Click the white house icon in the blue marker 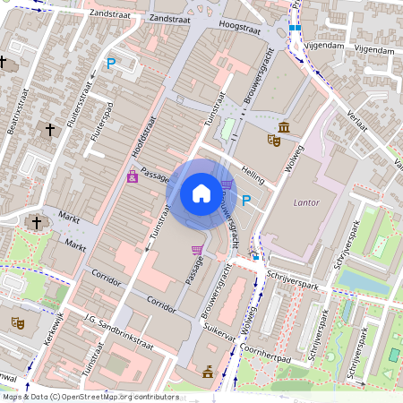tap(201, 193)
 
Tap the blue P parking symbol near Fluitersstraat tap(111, 64)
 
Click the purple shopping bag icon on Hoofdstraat tap(133, 176)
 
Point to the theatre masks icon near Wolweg tap(273, 140)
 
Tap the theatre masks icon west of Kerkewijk tap(16, 322)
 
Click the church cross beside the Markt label tap(37, 222)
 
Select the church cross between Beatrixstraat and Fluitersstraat tap(49, 131)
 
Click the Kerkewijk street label tap(54, 330)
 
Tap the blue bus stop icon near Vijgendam tap(295, 27)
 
